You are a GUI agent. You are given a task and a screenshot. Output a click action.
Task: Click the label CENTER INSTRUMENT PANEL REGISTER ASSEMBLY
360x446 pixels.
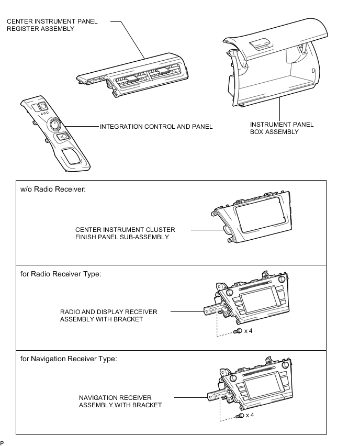pos(52,25)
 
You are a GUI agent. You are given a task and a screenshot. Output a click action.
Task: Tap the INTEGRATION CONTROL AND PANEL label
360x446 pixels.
pos(156,127)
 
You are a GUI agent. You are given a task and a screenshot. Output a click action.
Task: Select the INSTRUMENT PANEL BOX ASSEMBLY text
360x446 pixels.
pos(282,128)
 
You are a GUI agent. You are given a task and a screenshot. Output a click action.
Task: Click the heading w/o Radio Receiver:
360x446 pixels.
pos(53,189)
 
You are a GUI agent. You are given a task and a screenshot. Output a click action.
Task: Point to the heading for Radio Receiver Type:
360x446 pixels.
pos(61,274)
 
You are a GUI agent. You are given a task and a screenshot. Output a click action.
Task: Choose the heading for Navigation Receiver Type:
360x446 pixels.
pos(69,359)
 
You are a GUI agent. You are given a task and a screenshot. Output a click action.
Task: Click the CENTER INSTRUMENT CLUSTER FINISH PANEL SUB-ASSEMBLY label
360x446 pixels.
pos(125,233)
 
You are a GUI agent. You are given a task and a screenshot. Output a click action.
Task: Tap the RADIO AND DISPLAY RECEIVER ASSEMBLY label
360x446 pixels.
pos(109,316)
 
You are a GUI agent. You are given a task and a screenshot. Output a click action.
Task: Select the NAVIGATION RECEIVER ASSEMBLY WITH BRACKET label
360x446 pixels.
pos(120,402)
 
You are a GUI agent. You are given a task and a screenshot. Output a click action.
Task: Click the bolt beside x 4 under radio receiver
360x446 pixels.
pos(238,331)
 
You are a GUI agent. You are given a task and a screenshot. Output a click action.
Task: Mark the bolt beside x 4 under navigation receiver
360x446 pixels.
pos(240,416)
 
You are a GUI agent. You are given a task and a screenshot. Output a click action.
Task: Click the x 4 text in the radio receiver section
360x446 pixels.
pos(248,331)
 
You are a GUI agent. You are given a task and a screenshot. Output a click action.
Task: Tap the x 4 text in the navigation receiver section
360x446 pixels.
pos(250,415)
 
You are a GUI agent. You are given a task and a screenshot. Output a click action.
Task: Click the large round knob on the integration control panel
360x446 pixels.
pos(54,124)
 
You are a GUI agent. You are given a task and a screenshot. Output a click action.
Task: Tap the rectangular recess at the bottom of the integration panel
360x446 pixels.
pos(71,156)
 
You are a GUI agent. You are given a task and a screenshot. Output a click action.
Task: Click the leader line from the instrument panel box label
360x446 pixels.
pos(279,109)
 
